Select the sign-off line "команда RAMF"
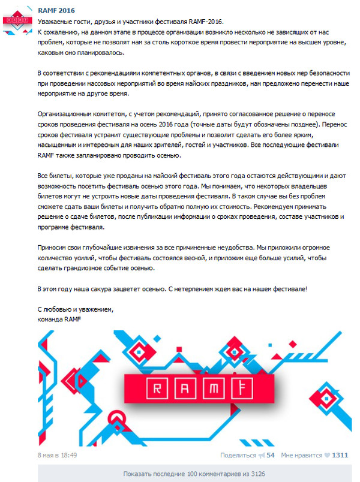point(59,319)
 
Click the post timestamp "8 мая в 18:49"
point(57,455)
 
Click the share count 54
point(270,455)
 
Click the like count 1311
point(340,455)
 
